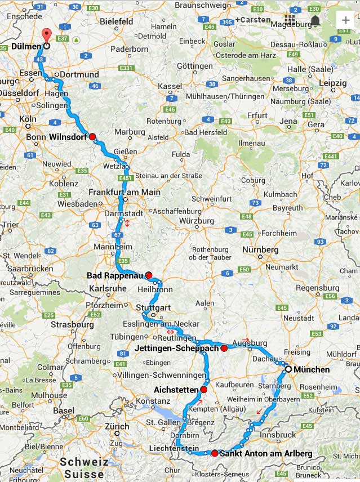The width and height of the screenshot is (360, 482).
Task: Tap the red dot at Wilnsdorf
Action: click(x=92, y=136)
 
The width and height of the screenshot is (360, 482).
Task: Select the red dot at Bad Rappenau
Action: click(x=149, y=275)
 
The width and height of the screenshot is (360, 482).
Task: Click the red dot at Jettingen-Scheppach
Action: click(x=224, y=349)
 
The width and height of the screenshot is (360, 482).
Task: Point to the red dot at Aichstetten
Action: click(x=203, y=390)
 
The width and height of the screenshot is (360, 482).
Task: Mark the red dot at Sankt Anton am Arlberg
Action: click(x=215, y=453)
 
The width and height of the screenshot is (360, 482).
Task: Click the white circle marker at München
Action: click(x=288, y=369)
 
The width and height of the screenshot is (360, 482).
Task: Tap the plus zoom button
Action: click(x=345, y=20)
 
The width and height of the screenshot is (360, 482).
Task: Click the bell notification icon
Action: click(x=315, y=20)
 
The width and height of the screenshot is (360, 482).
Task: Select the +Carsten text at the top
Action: click(x=255, y=20)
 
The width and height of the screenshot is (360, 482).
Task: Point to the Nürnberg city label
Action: click(x=260, y=249)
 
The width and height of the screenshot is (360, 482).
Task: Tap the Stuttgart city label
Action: click(x=153, y=307)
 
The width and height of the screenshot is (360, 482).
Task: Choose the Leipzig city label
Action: click(x=332, y=83)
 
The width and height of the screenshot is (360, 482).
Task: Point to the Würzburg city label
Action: click(x=197, y=221)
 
